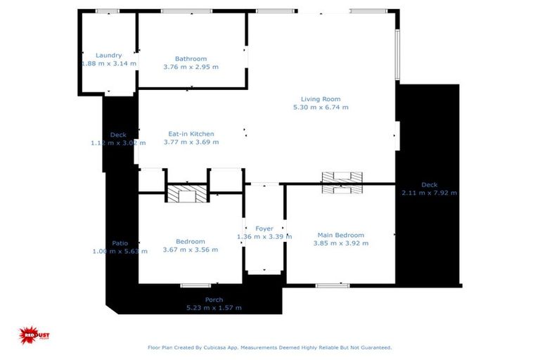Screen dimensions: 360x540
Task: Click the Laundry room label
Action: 109,56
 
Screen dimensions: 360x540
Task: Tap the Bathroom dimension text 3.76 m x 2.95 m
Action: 191,67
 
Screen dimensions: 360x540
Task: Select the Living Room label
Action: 321,99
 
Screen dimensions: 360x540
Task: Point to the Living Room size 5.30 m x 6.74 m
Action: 321,108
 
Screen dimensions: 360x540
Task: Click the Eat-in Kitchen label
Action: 191,134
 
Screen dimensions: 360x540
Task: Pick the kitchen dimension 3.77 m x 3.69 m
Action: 191,142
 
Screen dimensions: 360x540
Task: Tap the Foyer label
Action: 264,229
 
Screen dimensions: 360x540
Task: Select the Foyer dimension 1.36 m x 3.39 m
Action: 264,237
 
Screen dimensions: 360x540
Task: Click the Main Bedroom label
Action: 341,235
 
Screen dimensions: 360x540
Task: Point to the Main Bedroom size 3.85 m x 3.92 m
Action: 341,243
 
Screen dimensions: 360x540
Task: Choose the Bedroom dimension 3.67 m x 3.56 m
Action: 191,250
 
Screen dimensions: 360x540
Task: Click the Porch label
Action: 214,300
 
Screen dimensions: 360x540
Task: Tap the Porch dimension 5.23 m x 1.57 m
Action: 214,308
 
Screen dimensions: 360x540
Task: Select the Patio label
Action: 120,243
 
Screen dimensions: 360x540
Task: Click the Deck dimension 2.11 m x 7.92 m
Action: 429,193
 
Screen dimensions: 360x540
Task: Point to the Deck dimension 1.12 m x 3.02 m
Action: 117,143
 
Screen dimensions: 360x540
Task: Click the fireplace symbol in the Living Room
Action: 342,182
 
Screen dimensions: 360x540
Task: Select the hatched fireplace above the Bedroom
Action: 188,193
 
